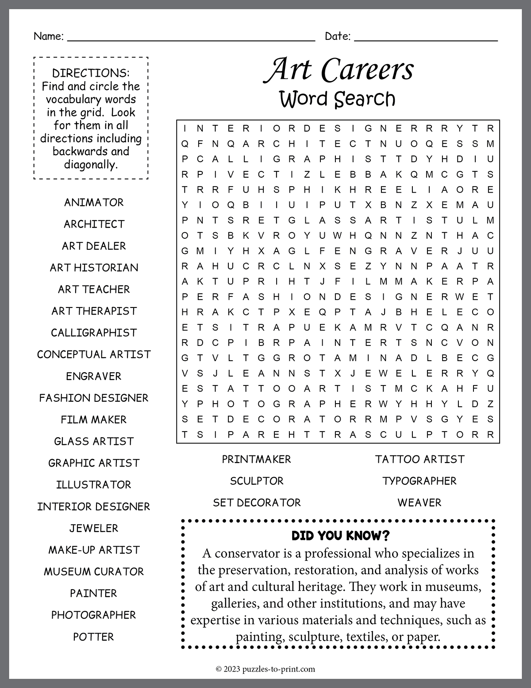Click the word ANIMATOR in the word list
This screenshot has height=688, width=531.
pyautogui.click(x=94, y=202)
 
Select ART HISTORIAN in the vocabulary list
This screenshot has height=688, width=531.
pyautogui.click(x=94, y=268)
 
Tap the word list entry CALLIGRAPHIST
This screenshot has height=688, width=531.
pyautogui.click(x=94, y=333)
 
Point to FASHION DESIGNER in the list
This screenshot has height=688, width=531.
pyautogui.click(x=94, y=398)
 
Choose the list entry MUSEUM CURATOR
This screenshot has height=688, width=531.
pyautogui.click(x=94, y=571)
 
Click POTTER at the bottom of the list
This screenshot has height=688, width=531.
pyautogui.click(x=94, y=637)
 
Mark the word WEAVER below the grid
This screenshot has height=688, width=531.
pyautogui.click(x=419, y=502)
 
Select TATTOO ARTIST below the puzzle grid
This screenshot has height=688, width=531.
pyautogui.click(x=419, y=459)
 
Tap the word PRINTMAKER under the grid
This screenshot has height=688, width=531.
pyautogui.click(x=257, y=459)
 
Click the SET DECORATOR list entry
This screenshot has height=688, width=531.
pyautogui.click(x=257, y=502)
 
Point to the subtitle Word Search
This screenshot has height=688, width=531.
pyautogui.click(x=337, y=99)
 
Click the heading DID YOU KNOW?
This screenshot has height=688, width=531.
pyautogui.click(x=340, y=536)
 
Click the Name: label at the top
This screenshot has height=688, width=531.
pyautogui.click(x=49, y=36)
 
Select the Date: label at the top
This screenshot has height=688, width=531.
pyautogui.click(x=338, y=36)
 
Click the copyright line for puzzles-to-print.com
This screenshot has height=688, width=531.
pyautogui.click(x=265, y=669)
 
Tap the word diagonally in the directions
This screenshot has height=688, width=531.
pyautogui.click(x=91, y=165)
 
